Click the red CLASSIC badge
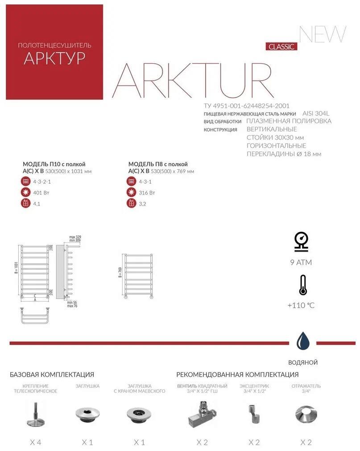282,46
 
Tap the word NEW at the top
323,34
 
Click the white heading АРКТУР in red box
54,58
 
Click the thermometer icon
303,285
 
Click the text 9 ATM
301,262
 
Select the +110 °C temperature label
301,306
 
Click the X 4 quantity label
35,442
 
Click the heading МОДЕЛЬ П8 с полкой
158,164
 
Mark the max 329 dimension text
75,237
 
